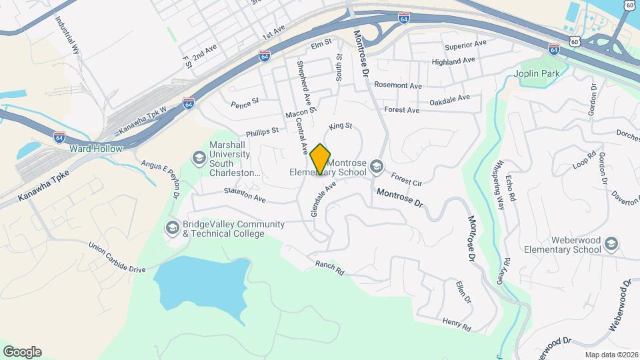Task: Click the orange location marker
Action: (320, 159)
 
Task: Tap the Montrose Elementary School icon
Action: (377, 166)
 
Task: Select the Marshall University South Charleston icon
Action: (198, 158)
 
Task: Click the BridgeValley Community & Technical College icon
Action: (173, 229)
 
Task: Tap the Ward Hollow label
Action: (97, 149)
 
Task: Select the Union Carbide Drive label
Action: (117, 257)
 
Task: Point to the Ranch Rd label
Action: (330, 268)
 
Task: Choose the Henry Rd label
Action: (457, 325)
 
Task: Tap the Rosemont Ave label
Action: (398, 85)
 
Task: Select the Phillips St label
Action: (262, 133)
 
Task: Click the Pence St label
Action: (245, 104)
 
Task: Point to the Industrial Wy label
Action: (73, 36)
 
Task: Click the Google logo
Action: (22, 351)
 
